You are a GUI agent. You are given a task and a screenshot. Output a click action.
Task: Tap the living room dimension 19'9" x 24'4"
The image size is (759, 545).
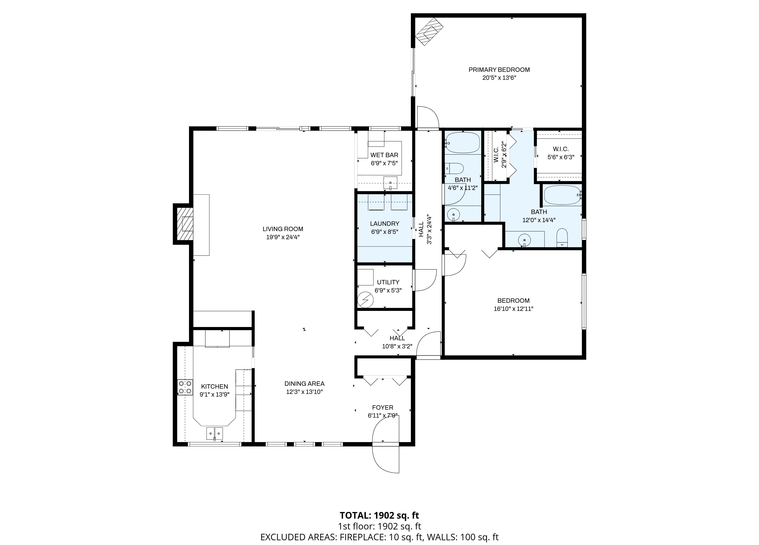pyautogui.click(x=283, y=237)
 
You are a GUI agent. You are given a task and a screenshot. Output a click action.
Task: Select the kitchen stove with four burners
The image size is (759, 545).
pyautogui.click(x=185, y=387)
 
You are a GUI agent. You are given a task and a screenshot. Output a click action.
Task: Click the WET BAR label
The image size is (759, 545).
pyautogui.click(x=384, y=155)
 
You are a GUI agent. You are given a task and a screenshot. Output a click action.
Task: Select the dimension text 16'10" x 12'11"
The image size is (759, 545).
pyautogui.click(x=513, y=309)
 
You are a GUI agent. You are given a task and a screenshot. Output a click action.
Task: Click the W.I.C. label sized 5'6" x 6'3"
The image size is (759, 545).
pyautogui.click(x=561, y=149)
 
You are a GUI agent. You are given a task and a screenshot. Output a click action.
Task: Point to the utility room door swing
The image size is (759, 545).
pyautogui.click(x=425, y=280)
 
